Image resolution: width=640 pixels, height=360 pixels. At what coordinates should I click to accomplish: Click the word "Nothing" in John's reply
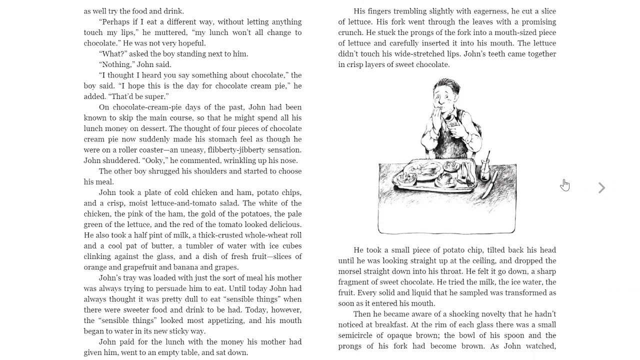point(116,64)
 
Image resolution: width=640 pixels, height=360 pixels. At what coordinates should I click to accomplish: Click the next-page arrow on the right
point(602,187)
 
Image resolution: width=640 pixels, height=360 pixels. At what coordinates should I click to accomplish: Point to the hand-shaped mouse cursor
point(564,184)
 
